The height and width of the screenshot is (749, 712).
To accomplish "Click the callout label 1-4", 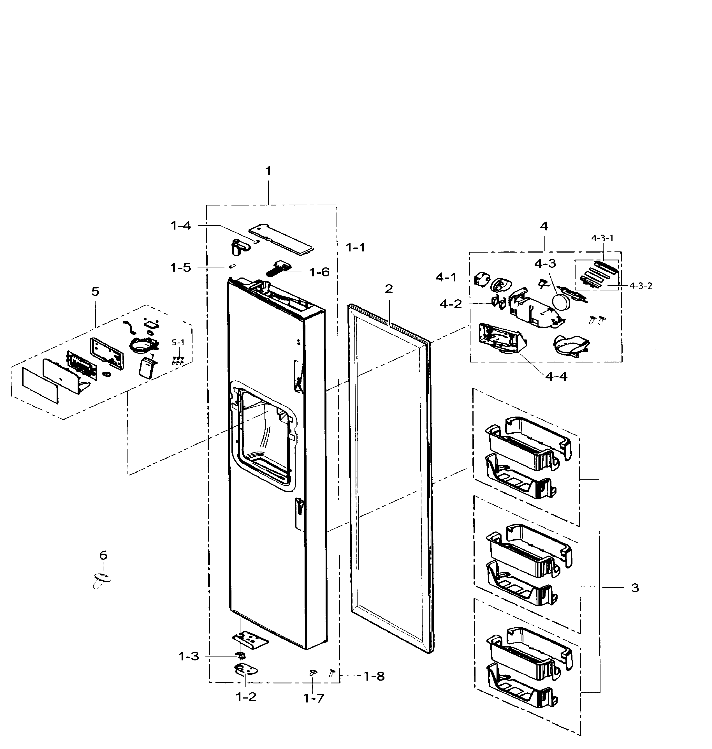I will pyautogui.click(x=181, y=225).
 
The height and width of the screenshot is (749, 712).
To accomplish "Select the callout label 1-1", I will pyautogui.click(x=356, y=248).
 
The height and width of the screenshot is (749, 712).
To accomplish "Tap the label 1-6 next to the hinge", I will pyautogui.click(x=319, y=272).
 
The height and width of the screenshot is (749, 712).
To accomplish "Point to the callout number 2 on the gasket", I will pyautogui.click(x=389, y=289).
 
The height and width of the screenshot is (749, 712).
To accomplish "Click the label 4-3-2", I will pyautogui.click(x=641, y=286).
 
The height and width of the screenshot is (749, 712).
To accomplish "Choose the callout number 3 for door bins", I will pyautogui.click(x=635, y=588).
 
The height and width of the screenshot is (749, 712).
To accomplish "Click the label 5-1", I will pyautogui.click(x=178, y=343).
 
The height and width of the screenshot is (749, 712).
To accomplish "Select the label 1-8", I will pyautogui.click(x=374, y=676).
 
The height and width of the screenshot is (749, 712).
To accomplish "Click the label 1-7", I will pyautogui.click(x=314, y=698).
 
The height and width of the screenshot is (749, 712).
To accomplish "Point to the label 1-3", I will pyautogui.click(x=189, y=656).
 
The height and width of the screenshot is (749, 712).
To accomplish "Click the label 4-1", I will pyautogui.click(x=446, y=278).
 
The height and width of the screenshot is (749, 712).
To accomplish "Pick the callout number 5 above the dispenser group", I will pyautogui.click(x=95, y=292).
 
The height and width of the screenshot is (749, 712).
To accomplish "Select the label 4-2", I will pyautogui.click(x=451, y=304).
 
